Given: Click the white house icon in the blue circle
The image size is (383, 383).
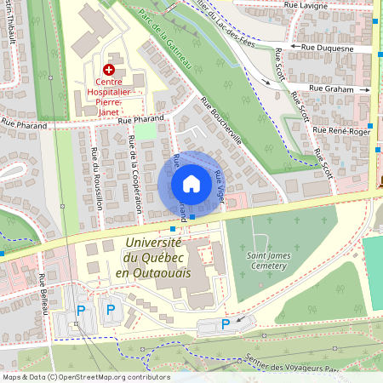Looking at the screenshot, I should click(191, 184).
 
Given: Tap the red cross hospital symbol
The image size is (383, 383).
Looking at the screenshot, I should click(108, 69).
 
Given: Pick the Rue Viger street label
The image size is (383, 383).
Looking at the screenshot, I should click(223, 184).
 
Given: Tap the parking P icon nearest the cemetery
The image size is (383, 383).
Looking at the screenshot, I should click(225, 323).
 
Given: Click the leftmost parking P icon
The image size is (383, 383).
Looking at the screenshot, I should click(81, 312).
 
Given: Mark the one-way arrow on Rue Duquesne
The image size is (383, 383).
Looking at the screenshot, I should click(296, 46).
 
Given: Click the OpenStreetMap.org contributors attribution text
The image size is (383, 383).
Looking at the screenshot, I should click(109, 376).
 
